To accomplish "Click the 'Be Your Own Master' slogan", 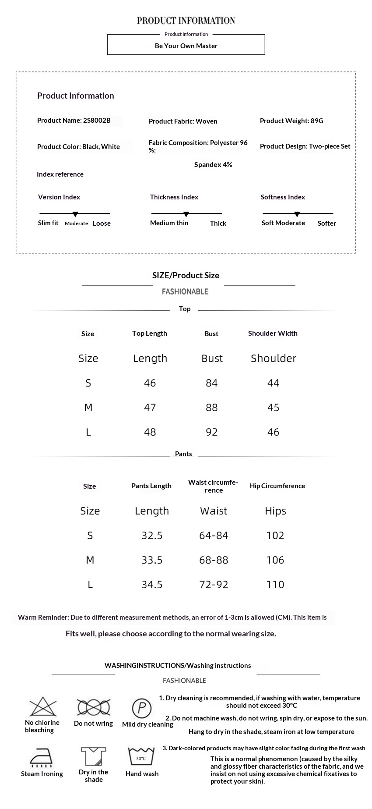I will click(x=186, y=46).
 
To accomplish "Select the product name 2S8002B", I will click(x=74, y=121).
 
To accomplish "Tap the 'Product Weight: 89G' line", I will click(x=291, y=121).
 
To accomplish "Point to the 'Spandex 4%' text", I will click(x=213, y=165).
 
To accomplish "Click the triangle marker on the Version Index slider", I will click(x=75, y=214).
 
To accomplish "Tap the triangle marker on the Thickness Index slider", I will click(x=186, y=214).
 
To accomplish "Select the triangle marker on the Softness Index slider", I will click(x=297, y=214).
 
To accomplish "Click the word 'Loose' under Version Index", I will click(x=102, y=223).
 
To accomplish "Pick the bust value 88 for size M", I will click(x=211, y=408).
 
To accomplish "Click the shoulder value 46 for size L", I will click(x=273, y=432).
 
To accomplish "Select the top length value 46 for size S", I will click(x=150, y=383).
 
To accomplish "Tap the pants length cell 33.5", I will click(x=152, y=560).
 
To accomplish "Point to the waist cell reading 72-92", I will click(x=214, y=585).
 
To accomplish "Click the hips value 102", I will click(x=275, y=536).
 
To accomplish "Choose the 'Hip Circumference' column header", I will click(x=277, y=486).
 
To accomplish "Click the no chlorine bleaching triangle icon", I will click(x=43, y=707).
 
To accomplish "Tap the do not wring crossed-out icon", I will click(x=93, y=707).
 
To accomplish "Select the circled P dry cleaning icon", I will click(x=142, y=708).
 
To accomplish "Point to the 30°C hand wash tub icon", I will click(x=141, y=757).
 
